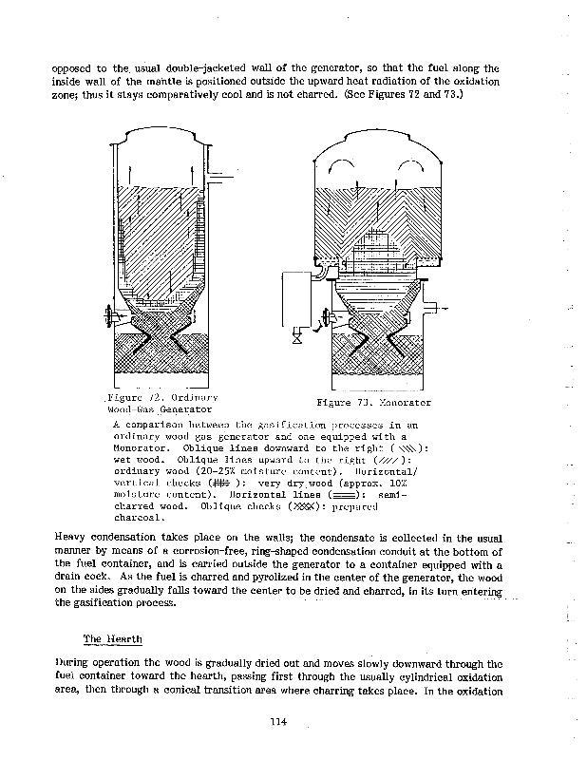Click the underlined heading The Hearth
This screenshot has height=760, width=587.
pyautogui.click(x=112, y=637)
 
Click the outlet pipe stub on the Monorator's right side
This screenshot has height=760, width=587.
pyautogui.click(x=438, y=310)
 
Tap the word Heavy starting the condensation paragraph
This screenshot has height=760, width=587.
pyautogui.click(x=73, y=538)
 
